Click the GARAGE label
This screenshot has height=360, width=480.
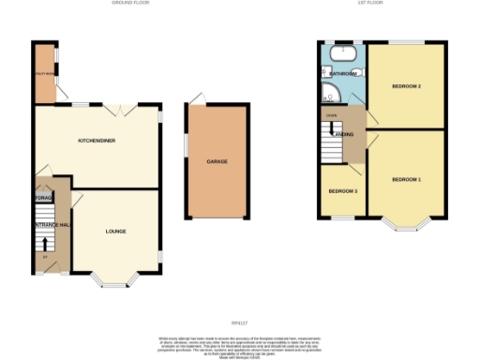218,161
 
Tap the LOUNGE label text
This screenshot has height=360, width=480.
116,231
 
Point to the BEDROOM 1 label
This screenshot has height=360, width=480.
406,179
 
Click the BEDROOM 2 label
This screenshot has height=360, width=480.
405,87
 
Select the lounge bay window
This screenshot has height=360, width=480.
116,278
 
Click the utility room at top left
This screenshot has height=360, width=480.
44,73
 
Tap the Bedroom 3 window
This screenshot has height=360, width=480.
341,218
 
